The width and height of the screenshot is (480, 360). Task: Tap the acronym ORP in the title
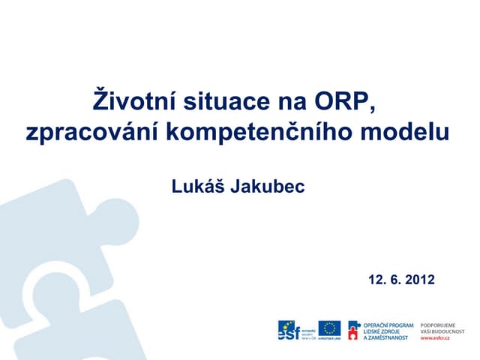coord(342,100)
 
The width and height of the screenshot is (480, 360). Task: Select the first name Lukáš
coord(199,186)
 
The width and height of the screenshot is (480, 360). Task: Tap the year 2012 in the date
coord(418,280)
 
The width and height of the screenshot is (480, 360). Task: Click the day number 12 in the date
coord(376,280)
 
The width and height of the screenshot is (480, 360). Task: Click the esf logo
coord(289,329)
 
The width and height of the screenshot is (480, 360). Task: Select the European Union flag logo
coord(328,328)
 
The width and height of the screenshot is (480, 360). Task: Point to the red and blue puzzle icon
coord(353,328)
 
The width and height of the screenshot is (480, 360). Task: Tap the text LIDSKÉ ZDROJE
coord(382,330)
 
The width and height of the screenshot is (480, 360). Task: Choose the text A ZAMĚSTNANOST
coord(385,337)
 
